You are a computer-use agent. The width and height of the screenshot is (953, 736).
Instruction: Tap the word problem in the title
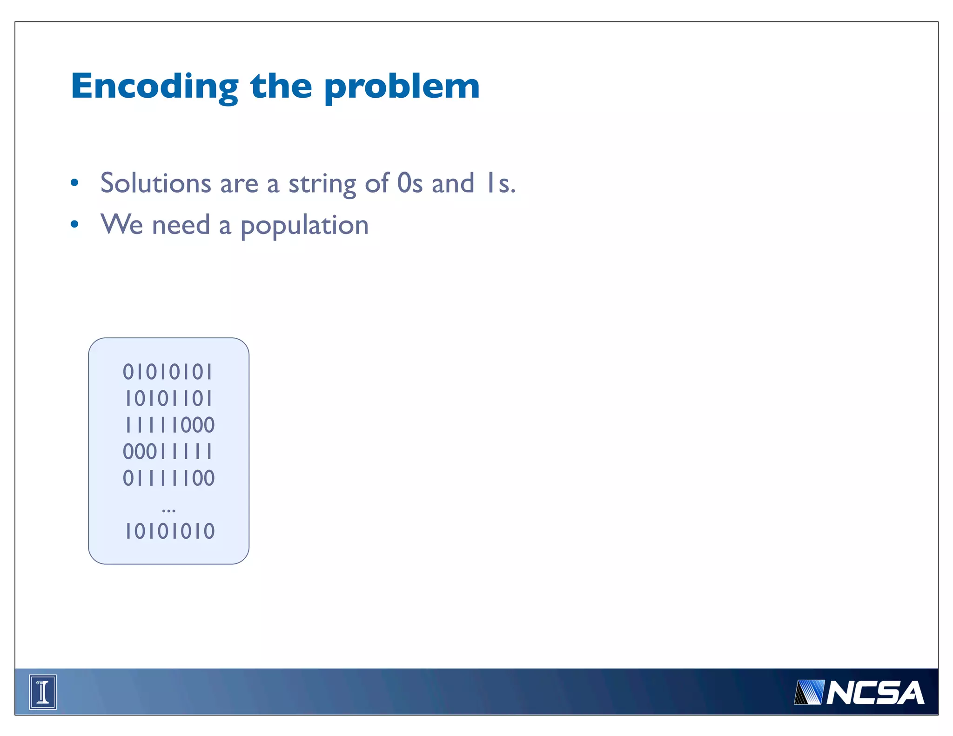click(x=402, y=87)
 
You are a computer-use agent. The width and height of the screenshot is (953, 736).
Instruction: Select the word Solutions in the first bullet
click(x=156, y=183)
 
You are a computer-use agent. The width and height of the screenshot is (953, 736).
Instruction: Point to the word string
click(x=322, y=184)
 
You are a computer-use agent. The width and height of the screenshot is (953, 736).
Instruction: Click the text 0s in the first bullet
click(x=409, y=183)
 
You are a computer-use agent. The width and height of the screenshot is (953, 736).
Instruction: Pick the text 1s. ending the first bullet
click(x=500, y=183)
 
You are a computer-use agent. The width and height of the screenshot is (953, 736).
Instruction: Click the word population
click(x=304, y=226)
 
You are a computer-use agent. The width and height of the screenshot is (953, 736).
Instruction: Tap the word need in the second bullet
click(x=181, y=225)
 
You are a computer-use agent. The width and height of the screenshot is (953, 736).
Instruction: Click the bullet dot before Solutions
click(x=74, y=183)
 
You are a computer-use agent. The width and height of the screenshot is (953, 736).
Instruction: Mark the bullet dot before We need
click(x=74, y=225)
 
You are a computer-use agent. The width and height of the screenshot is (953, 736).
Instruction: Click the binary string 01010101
click(x=168, y=372)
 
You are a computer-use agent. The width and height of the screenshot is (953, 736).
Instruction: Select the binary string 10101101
click(x=168, y=399)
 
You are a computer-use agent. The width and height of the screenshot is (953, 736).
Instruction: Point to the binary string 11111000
click(x=169, y=425)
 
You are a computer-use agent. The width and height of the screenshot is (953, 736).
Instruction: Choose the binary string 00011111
click(x=168, y=452)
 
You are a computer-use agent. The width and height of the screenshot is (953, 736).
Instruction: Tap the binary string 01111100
click(x=168, y=478)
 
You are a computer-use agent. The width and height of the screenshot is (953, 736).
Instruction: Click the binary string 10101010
click(x=169, y=531)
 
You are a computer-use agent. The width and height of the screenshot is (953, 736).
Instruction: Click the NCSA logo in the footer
click(x=859, y=692)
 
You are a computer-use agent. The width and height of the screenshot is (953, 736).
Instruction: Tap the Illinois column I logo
click(x=43, y=692)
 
